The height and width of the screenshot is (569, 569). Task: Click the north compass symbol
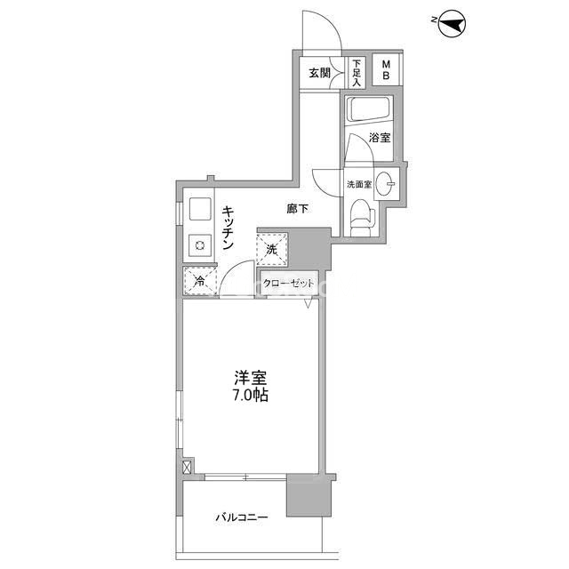(x=453, y=24)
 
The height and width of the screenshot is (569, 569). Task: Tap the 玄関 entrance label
(x=320, y=73)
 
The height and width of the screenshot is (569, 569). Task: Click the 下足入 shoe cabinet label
(x=357, y=73)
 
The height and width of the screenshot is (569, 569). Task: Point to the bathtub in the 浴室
(x=369, y=108)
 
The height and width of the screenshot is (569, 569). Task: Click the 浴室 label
(x=380, y=138)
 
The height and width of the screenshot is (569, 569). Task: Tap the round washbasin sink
(x=385, y=184)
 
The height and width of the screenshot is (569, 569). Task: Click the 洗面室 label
(x=359, y=184)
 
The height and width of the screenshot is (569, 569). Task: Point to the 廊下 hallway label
(x=297, y=209)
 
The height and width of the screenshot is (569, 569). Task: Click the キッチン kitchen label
(x=228, y=228)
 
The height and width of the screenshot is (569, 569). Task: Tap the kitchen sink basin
(x=200, y=209)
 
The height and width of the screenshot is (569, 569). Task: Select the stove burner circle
(x=199, y=245)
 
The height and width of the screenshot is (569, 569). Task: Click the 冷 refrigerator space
(x=199, y=282)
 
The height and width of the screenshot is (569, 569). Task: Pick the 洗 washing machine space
(x=271, y=249)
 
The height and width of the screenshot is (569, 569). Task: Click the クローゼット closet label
(x=288, y=284)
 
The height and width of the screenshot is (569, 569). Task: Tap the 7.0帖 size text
(x=251, y=396)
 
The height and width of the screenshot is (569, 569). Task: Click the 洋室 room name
(x=251, y=379)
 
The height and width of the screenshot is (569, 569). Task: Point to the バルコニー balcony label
(x=242, y=517)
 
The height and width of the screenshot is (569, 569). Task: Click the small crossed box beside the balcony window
(x=186, y=467)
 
